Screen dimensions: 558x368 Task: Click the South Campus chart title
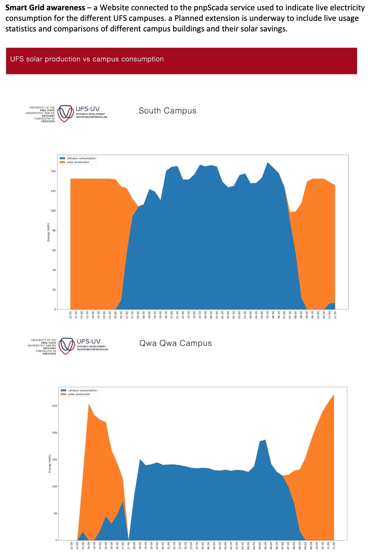(167, 111)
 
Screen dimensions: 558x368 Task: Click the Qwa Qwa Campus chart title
(175, 343)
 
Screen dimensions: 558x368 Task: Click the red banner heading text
(87, 59)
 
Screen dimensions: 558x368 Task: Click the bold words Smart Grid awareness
(45, 8)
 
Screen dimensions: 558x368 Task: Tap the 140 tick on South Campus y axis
(53, 171)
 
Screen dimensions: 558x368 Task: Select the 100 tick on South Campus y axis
(53, 211)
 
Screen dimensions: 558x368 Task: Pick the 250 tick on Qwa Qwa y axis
(54, 406)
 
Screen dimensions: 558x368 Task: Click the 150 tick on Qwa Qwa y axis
(54, 459)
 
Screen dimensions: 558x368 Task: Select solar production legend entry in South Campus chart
(78, 162)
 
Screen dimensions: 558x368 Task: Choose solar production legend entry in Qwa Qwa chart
(79, 394)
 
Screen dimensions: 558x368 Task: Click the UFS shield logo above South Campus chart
(66, 113)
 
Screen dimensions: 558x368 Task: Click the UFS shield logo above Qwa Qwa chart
(67, 346)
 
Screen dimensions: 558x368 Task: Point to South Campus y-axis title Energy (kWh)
(48, 232)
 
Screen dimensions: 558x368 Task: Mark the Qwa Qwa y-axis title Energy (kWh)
(50, 464)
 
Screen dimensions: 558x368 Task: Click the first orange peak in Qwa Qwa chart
(89, 404)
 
